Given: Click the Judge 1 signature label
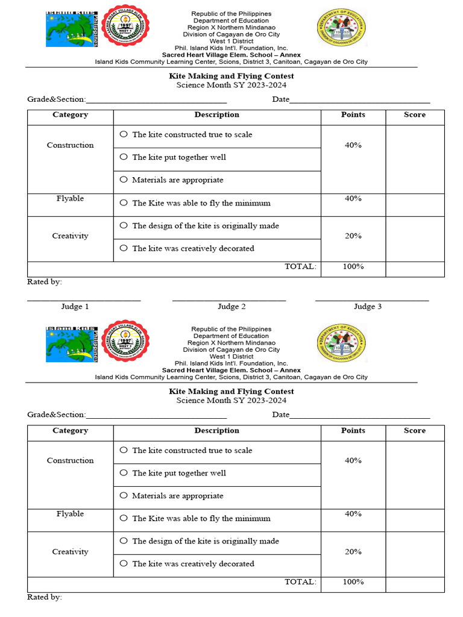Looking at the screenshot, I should pos(75,307).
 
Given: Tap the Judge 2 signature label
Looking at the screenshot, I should pos(231,307).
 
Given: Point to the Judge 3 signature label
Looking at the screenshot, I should pos(367,307).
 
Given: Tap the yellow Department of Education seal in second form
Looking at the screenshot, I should pos(341,343).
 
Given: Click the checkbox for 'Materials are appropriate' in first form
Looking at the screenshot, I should pos(124,180).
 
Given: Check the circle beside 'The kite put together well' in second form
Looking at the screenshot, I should pos(124,473).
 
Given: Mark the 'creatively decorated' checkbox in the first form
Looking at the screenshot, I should pos(124,248).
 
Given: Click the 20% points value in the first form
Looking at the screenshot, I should pos(353,236).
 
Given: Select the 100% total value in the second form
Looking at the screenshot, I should pos(353,582).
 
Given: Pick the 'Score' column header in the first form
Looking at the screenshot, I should pos(414,114).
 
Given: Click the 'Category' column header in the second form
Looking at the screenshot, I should pos(70,430).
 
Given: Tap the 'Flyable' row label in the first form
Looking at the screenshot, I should pos(70,199).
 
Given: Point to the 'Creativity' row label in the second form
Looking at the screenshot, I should pos(70,552).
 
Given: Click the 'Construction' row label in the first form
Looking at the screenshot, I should pos(70,145).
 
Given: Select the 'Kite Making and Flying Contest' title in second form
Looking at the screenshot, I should pos(231,392).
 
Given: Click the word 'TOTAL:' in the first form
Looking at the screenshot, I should pos(300,266).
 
